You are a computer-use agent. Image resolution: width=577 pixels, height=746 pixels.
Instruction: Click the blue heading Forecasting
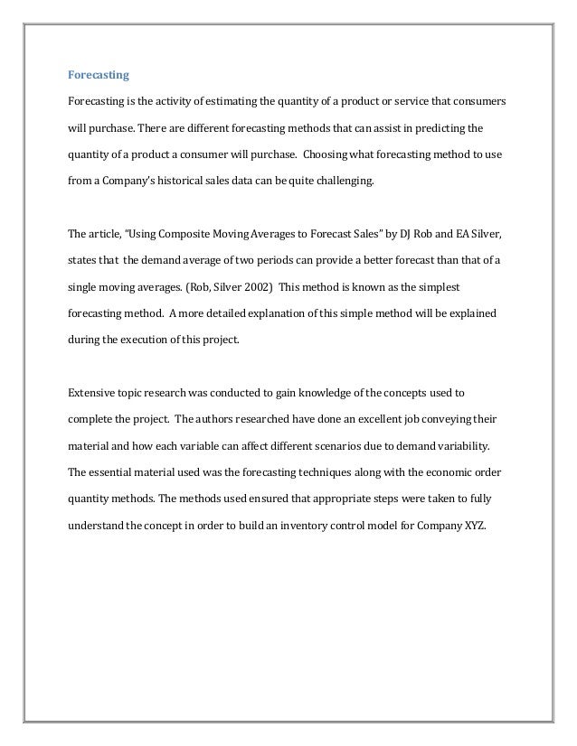99,74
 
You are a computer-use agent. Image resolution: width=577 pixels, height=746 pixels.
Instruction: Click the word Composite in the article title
184,234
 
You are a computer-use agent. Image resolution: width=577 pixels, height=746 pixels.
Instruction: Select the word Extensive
91,393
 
